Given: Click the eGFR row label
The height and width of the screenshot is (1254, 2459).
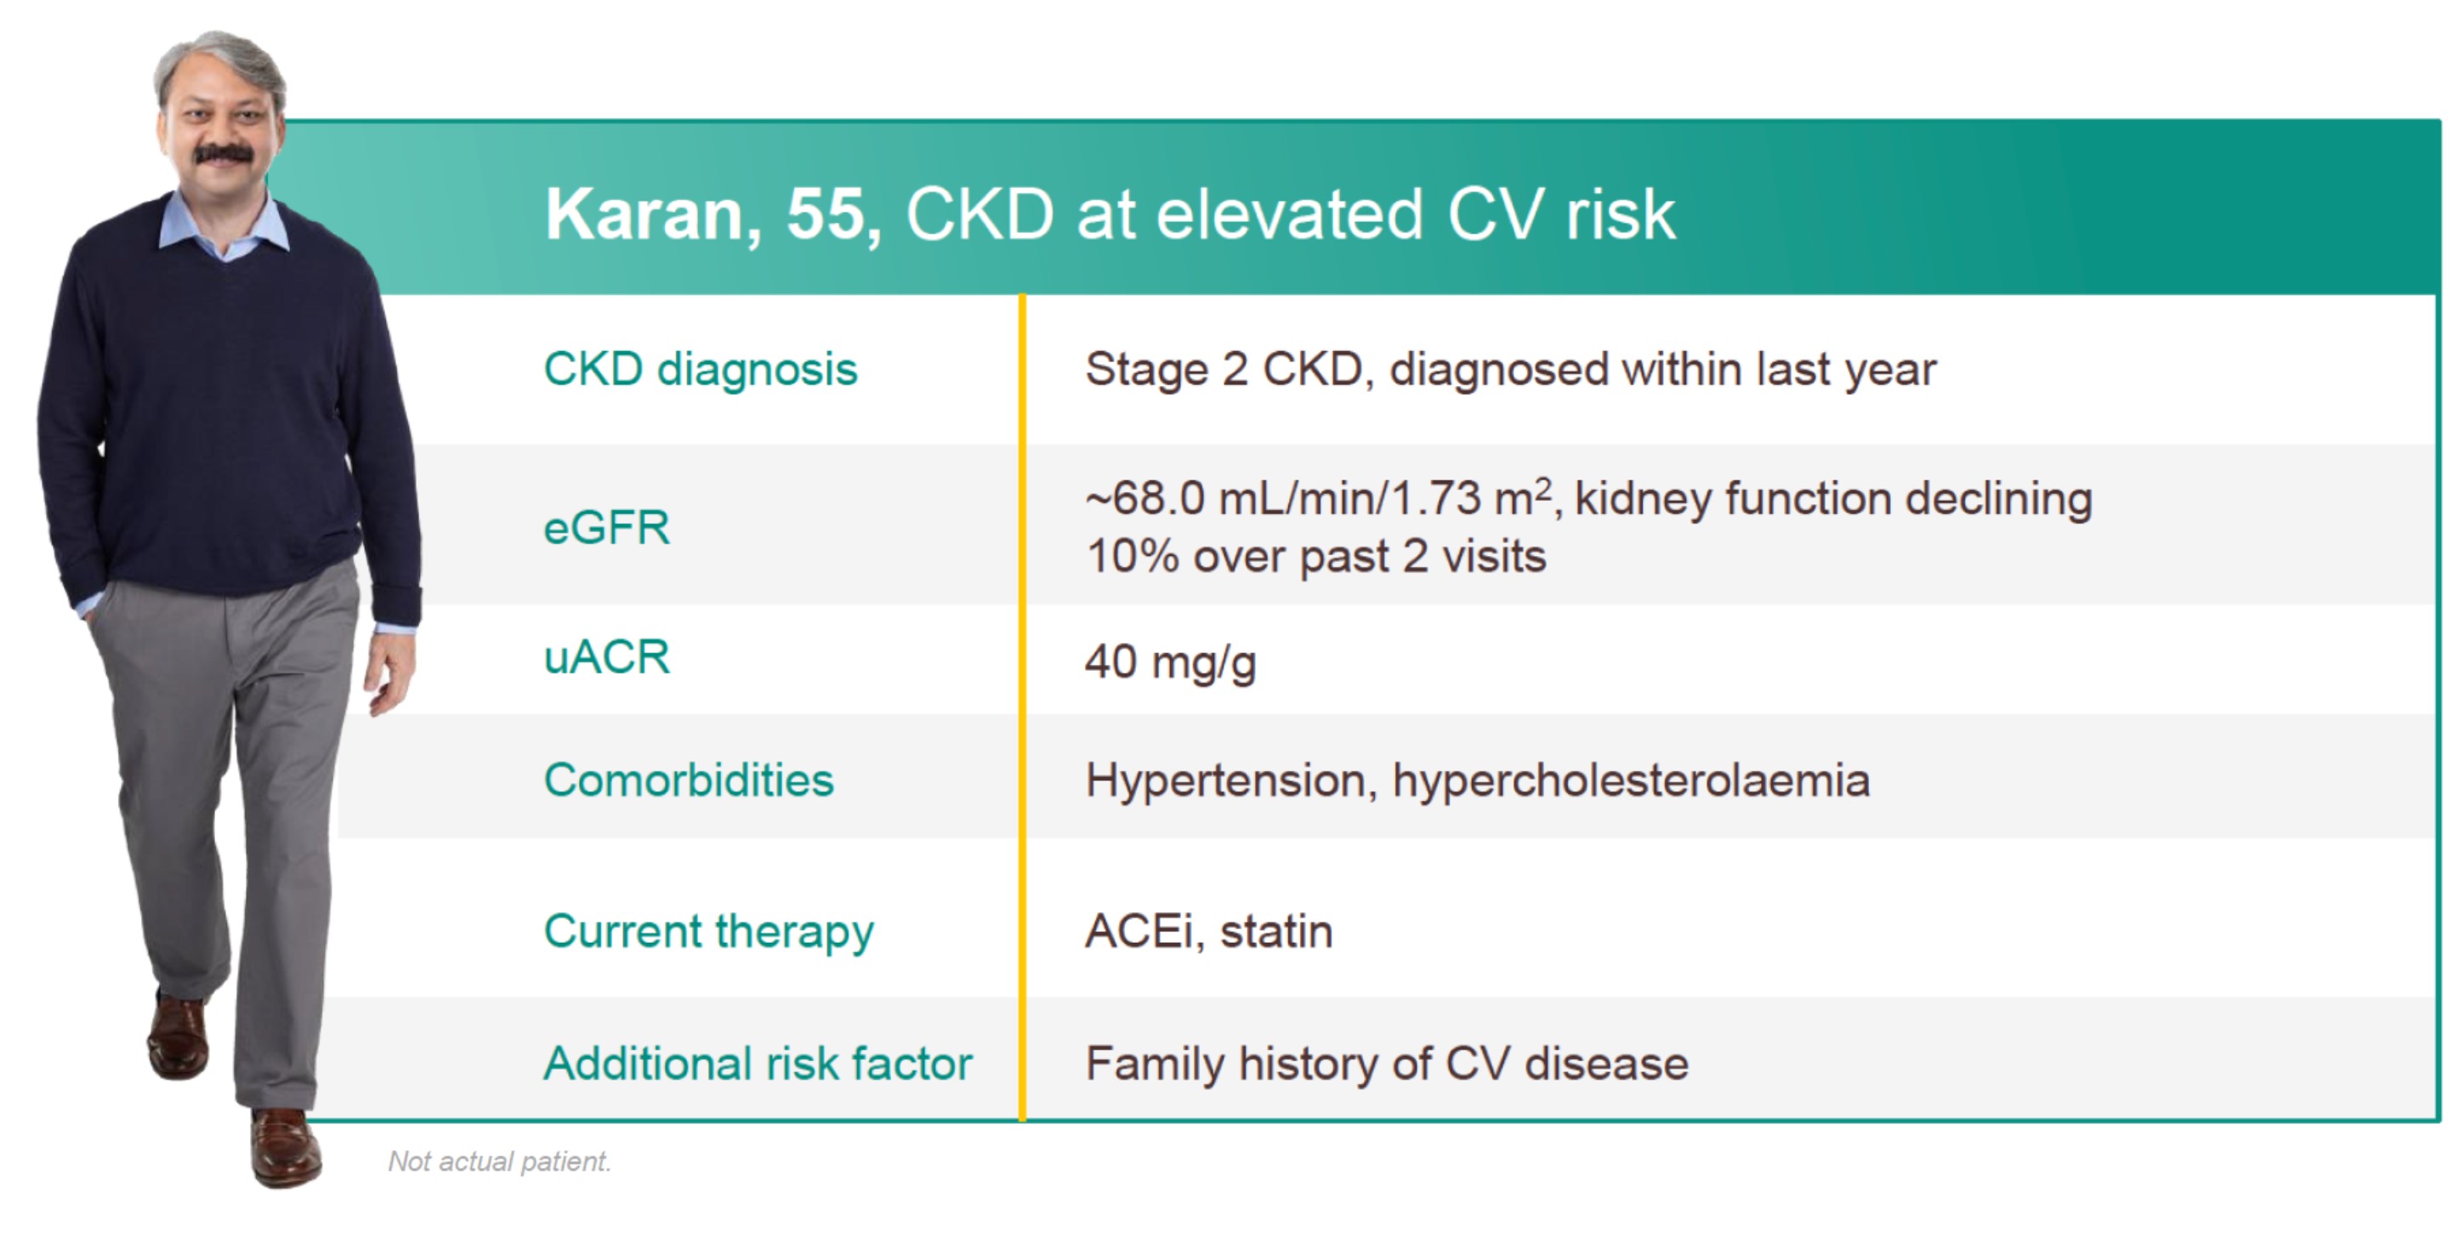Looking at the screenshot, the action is (607, 527).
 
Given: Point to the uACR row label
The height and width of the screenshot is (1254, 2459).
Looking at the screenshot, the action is (607, 657).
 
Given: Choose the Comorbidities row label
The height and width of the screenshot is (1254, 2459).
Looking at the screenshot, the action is (688, 780).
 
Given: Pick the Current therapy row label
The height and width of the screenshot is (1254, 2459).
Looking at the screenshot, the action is (708, 933).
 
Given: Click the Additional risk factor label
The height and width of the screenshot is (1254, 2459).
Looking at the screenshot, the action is (758, 1063).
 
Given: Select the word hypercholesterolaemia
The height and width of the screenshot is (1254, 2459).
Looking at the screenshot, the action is (1631, 781).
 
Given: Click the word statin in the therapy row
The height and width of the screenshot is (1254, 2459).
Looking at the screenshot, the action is (1276, 932).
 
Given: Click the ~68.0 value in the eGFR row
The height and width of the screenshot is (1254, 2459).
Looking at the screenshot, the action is (1145, 499).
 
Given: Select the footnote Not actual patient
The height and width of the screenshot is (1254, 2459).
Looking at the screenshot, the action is (499, 1161).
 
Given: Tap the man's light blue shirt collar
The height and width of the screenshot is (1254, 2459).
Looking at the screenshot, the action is (224, 225).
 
